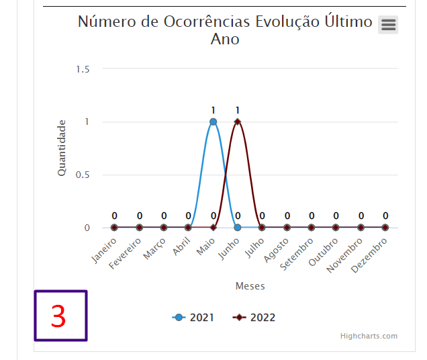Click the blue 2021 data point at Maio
pos(213,122)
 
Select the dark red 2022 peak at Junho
pos(238,122)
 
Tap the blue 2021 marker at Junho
pos(238,227)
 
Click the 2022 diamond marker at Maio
pos(213,227)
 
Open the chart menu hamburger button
pos(388,25)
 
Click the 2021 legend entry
pos(193,318)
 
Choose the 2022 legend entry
pos(254,318)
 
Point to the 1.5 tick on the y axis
pos(83,69)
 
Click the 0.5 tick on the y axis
pos(83,175)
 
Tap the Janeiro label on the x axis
pos(104,251)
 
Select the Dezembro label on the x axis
pos(369,255)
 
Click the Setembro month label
pos(297,255)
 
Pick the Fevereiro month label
pos(125,253)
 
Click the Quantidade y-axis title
pos(62,148)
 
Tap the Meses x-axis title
pos(250,286)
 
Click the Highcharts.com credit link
pos(369,336)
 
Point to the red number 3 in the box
pos(58,316)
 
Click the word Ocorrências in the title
pos(207,21)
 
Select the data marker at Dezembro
pos(385,227)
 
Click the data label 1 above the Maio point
pos(213,110)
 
